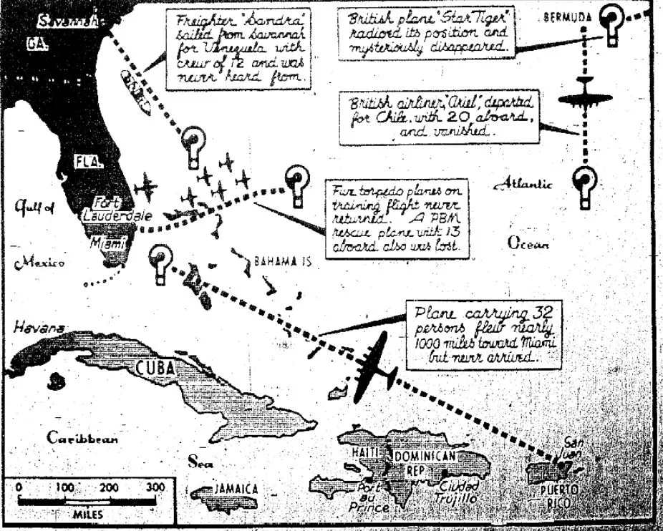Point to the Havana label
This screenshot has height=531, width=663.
[x=39, y=328]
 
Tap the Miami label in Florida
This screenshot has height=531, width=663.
[x=105, y=243]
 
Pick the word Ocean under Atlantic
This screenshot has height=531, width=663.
[x=528, y=243]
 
